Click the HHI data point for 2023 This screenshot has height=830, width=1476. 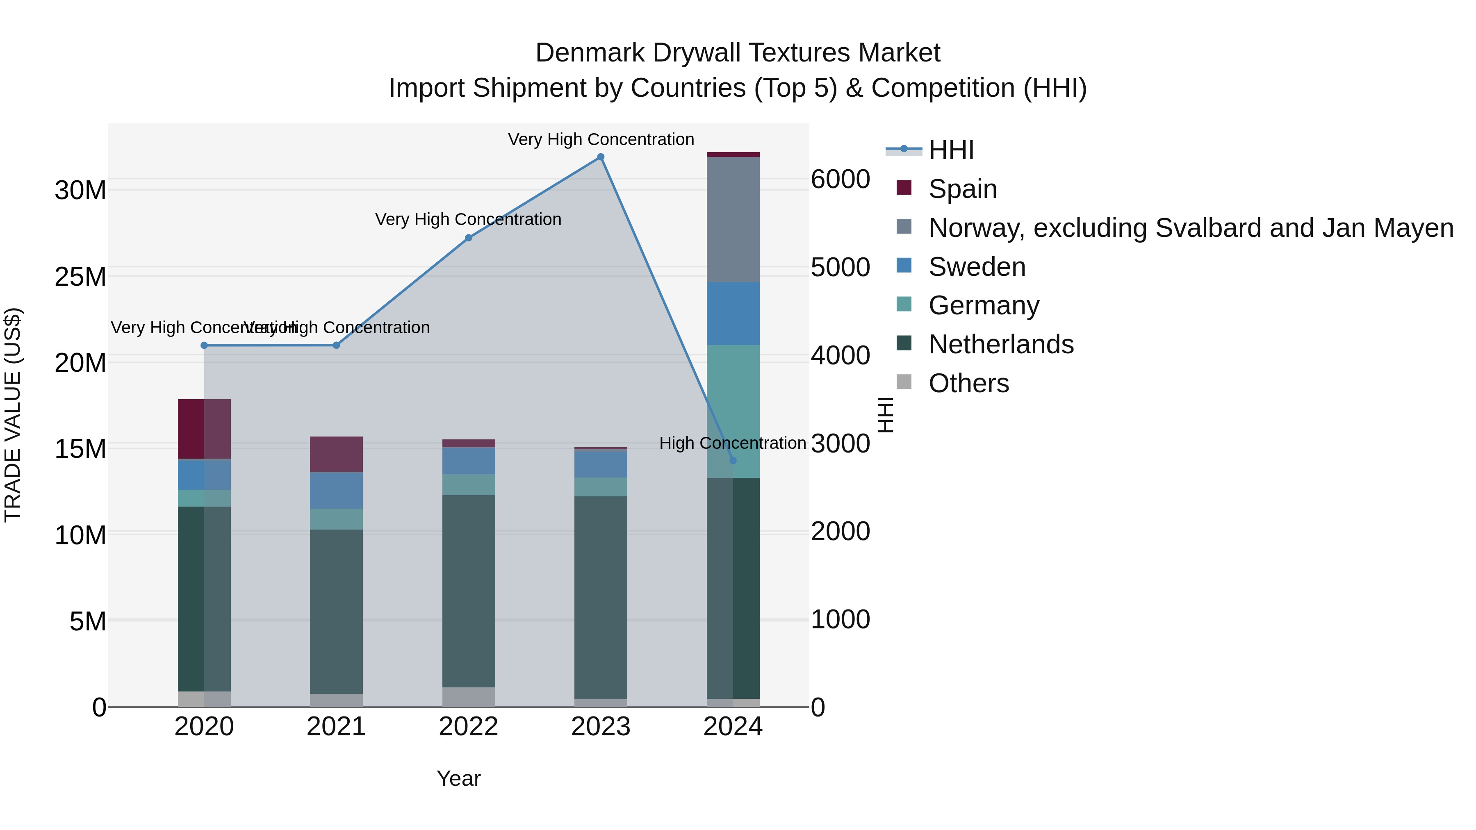tap(601, 157)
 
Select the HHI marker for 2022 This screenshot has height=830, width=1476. tap(469, 238)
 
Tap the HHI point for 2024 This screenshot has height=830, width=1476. tap(733, 461)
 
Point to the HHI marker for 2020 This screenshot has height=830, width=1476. tap(204, 346)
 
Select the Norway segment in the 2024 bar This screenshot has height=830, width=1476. tap(733, 219)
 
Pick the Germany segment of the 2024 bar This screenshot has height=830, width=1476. tap(733, 411)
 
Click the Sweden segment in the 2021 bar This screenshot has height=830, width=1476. tap(336, 490)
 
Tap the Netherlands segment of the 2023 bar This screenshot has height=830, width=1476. tap(601, 598)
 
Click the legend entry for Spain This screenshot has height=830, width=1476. tap(963, 189)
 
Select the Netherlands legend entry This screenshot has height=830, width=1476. tap(1000, 344)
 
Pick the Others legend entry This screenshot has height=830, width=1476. tap(968, 383)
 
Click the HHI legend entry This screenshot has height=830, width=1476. tap(951, 150)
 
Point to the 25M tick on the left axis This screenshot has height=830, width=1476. tap(80, 277)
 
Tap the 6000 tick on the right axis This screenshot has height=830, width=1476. tap(840, 179)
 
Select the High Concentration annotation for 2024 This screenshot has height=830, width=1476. tap(732, 443)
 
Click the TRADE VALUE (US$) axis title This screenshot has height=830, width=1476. tap(13, 415)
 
